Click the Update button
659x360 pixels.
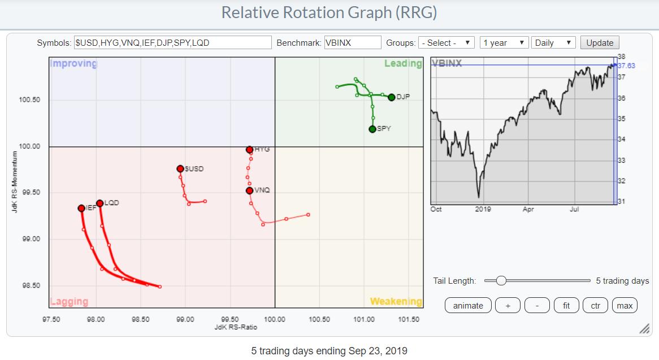pyautogui.click(x=600, y=43)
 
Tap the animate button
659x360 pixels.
pyautogui.click(x=468, y=306)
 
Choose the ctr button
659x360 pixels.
pyautogui.click(x=595, y=306)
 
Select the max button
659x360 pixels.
pyautogui.click(x=625, y=306)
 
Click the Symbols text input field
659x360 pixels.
pyautogui.click(x=172, y=43)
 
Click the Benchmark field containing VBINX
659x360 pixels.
pyautogui.click(x=353, y=43)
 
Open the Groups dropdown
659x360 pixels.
pyautogui.click(x=446, y=43)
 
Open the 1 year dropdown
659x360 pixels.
pyautogui.click(x=504, y=43)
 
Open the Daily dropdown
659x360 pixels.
pyautogui.click(x=554, y=43)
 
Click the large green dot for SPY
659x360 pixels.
pyautogui.click(x=372, y=129)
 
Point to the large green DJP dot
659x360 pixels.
pyautogui.click(x=391, y=97)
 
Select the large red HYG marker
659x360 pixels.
pyautogui.click(x=249, y=150)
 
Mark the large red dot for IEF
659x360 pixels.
pyautogui.click(x=81, y=208)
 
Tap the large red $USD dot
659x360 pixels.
pyautogui.click(x=180, y=168)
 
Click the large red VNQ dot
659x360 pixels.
pyautogui.click(x=249, y=190)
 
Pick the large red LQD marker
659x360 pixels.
pyautogui.click(x=99, y=203)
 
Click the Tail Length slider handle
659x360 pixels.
pyautogui.click(x=501, y=280)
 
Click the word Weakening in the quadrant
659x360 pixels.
pyautogui.click(x=396, y=302)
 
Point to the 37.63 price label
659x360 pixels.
pyautogui.click(x=626, y=66)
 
